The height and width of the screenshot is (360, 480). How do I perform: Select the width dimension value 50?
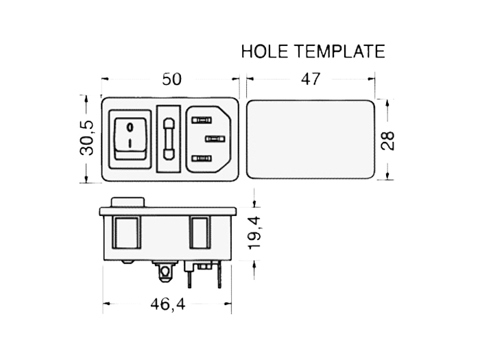[171, 80]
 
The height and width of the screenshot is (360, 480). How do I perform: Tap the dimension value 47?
[311, 80]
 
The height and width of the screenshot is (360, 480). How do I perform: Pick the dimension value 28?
[388, 140]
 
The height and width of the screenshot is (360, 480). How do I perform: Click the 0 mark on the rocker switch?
[130, 126]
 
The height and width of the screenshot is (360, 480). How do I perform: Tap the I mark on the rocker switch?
[130, 144]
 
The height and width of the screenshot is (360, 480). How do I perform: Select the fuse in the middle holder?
[169, 139]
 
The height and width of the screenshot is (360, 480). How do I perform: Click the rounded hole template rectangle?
[310, 140]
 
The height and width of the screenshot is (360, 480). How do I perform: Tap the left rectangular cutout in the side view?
[127, 234]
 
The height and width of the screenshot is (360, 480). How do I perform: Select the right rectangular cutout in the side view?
[200, 234]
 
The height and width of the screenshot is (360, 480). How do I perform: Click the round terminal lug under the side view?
[165, 273]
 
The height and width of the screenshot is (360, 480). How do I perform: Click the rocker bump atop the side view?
[128, 202]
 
